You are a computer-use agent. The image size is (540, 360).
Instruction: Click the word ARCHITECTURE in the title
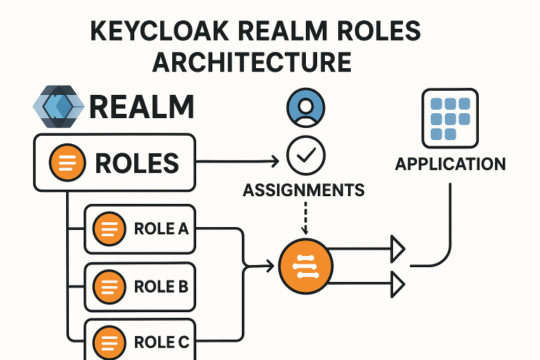tap(252, 62)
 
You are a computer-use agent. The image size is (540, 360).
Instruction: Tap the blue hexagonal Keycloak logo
tap(58, 106)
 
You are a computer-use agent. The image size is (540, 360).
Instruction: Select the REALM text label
tap(141, 108)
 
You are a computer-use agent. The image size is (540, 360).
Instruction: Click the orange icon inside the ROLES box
tap(67, 163)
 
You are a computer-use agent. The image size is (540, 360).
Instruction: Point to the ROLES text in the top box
tap(136, 163)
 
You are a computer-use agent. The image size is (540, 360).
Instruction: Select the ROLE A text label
tap(161, 229)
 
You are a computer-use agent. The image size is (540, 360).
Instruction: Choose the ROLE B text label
tap(161, 287)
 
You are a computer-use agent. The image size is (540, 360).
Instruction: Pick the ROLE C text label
tap(161, 342)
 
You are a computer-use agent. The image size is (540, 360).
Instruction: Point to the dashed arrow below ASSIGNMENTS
tap(304, 219)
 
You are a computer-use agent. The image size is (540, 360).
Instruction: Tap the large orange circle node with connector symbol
tap(304, 266)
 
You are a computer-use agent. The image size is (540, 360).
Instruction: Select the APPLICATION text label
tap(450, 165)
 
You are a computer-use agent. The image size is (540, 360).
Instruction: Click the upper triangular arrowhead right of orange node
tap(399, 248)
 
